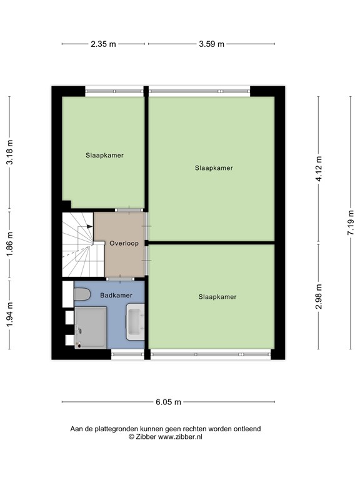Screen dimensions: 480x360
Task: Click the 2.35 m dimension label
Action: (103, 44)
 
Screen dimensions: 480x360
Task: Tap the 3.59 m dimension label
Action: (211, 44)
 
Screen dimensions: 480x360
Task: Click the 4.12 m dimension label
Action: (319, 168)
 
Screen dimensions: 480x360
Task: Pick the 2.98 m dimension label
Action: (319, 297)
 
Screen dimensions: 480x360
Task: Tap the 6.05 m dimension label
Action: (169, 402)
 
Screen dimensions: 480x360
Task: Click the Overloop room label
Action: (124, 243)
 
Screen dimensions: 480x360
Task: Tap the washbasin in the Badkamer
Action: (136, 322)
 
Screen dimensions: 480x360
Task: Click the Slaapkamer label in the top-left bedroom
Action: (104, 155)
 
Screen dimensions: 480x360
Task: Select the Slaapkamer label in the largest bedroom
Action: (214, 167)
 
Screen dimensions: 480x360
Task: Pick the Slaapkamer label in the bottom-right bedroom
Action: (217, 297)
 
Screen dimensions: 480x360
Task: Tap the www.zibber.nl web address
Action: (180, 437)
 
